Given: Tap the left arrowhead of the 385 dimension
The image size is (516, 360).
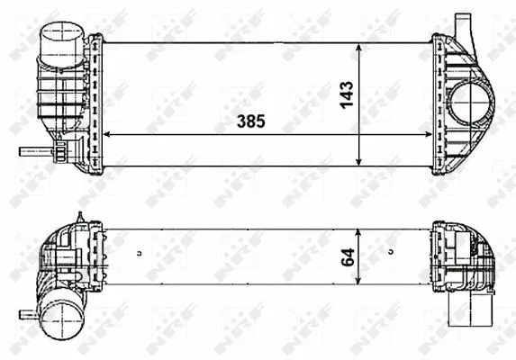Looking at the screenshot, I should tap(109, 135).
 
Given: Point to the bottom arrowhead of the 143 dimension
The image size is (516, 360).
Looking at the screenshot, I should tap(360, 162).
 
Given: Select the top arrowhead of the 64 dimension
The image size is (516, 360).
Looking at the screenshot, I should tap(360, 233).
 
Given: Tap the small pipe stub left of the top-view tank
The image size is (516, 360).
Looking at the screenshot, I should tap(33, 151).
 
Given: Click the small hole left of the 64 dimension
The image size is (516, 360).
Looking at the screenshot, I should tap(139, 252).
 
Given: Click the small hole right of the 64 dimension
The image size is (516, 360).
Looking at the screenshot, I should tap(392, 252).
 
